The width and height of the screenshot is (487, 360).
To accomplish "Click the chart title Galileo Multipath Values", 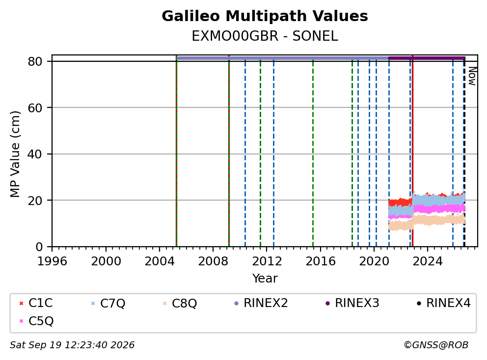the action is point(265,16).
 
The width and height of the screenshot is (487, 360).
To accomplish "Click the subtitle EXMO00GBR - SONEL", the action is point(265,36).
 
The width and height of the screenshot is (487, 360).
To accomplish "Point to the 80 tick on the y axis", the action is point(35,61).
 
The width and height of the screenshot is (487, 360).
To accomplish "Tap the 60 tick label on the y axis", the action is point(35,108).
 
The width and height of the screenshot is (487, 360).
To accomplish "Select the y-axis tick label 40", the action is point(35,154).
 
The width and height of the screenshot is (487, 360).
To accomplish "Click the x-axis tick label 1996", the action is point(52,261).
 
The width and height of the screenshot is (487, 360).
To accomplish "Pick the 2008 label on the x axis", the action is point(213,261).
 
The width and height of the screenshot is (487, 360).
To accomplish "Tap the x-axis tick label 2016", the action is point(320,261).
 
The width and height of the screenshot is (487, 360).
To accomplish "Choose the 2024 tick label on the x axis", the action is point(428,261).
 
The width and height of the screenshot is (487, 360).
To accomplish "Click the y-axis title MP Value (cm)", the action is point(15,154).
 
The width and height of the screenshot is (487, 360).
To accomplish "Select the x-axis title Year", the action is point(265,279).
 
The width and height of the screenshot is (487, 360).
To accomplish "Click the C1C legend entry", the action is point(36,303).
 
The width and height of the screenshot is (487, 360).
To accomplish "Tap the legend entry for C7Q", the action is point(108,303).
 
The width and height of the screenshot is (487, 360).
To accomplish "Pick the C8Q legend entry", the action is point(180,303).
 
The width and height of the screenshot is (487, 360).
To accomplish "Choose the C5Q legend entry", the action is point(36,321).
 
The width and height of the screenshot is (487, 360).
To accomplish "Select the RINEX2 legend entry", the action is point(261,303).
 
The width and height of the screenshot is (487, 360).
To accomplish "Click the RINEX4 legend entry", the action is point(443,303).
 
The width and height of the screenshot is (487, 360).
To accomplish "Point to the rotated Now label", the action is point(472,76).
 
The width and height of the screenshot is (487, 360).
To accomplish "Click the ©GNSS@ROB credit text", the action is point(436,345).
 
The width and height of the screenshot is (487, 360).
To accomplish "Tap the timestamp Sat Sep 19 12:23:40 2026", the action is point(72,345).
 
